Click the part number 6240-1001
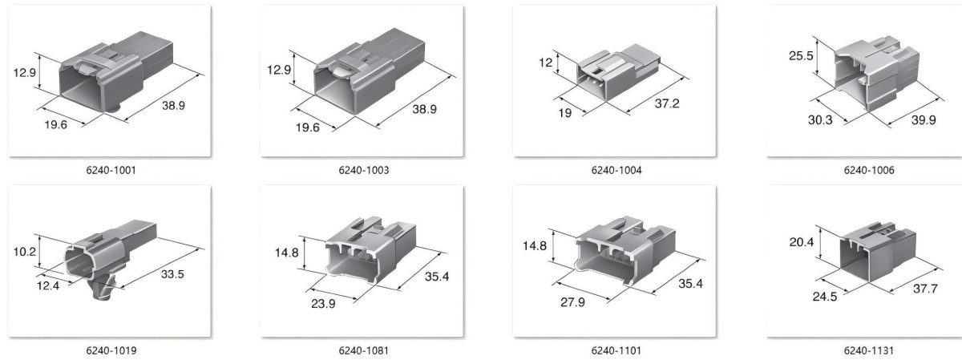click(x=111, y=170)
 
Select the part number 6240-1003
click(x=364, y=170)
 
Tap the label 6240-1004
click(x=616, y=170)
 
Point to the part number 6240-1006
click(x=869, y=170)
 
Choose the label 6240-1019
click(x=111, y=350)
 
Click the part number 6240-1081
click(x=364, y=350)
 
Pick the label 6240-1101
click(x=616, y=350)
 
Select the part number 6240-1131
click(x=869, y=350)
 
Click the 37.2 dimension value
click(x=667, y=103)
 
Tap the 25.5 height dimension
click(x=801, y=56)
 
